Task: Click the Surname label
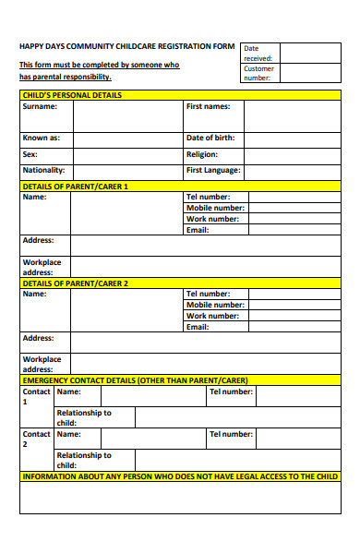click(x=40, y=106)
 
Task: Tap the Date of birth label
click(x=210, y=138)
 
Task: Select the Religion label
click(x=202, y=154)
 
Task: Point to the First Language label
click(x=213, y=170)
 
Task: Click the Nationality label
click(x=43, y=170)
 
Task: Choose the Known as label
click(x=42, y=138)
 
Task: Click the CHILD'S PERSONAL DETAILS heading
click(x=72, y=95)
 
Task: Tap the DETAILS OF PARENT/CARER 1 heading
click(x=76, y=187)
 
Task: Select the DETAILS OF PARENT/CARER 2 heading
click(x=76, y=283)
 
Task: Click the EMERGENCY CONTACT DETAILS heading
click(x=135, y=379)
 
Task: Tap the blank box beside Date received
click(x=309, y=52)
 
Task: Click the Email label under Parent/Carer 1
click(x=198, y=229)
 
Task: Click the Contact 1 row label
click(x=36, y=397)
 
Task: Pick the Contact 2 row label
click(x=36, y=439)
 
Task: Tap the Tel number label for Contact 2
click(x=231, y=434)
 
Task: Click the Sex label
click(x=30, y=154)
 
